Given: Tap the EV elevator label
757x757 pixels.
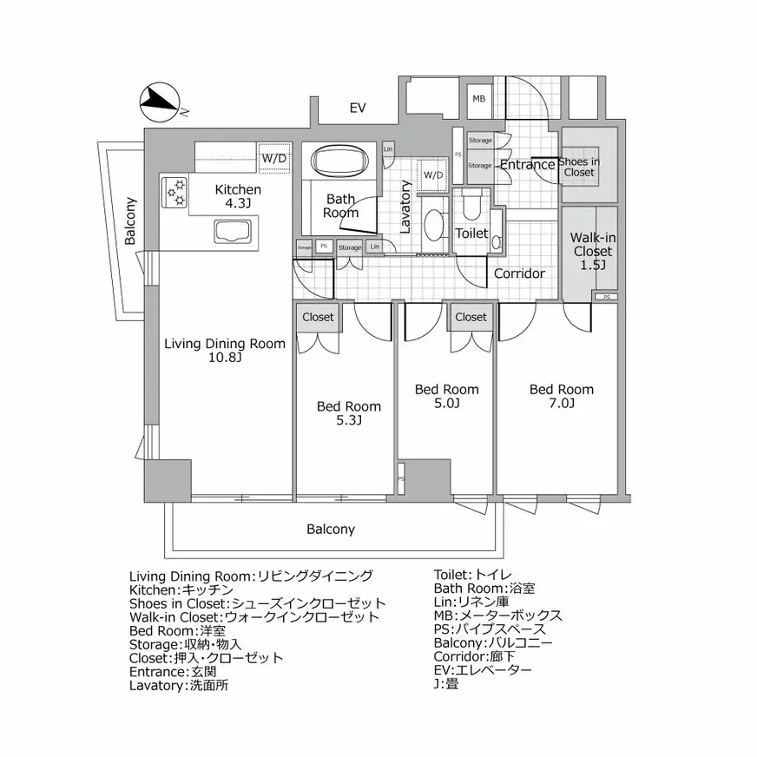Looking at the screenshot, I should tap(357, 109).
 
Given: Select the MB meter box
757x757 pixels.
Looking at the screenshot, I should tap(479, 99).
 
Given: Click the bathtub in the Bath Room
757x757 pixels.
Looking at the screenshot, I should tap(340, 161).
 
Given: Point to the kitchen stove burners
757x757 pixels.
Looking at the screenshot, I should tap(174, 193).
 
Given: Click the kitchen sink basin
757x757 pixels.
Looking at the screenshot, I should tap(231, 232).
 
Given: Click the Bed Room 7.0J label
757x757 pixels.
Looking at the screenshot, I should tap(561, 396).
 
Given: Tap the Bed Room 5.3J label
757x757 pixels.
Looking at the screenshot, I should tap(348, 413).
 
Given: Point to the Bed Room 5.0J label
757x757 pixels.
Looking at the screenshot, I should tap(446, 396).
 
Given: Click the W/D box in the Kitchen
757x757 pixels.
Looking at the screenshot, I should tap(274, 158).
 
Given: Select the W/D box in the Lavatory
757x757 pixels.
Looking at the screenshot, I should tap(432, 175).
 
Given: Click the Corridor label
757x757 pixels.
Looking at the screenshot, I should tap(519, 273).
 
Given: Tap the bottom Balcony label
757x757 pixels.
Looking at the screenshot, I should tap(330, 529).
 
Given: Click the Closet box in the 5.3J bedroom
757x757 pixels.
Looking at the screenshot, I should tap(317, 317).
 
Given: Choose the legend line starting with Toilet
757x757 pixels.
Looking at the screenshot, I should tap(472, 575).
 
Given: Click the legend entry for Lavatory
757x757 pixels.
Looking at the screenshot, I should tap(179, 685).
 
